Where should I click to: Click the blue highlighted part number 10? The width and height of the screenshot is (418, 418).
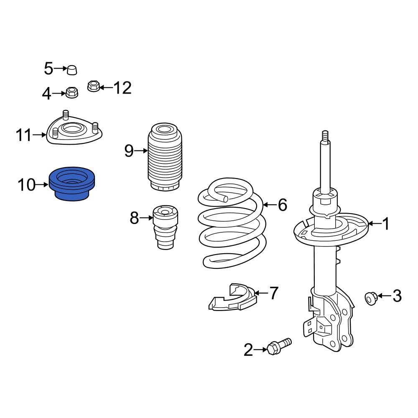tap(73, 184)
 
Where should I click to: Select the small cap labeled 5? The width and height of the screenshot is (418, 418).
tap(72, 70)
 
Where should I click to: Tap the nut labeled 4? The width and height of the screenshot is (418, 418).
tap(72, 92)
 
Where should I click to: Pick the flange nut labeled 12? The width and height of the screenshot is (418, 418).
tap(94, 87)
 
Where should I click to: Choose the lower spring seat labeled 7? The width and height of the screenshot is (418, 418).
tap(232, 298)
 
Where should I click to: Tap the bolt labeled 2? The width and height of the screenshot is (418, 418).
tap(278, 347)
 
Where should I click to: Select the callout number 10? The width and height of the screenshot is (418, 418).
tap(26, 184)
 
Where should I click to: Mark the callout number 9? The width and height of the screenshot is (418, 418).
tap(129, 150)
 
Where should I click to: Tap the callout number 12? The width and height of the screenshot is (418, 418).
tap(122, 88)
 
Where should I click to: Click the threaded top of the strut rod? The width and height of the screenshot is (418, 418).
tap(325, 137)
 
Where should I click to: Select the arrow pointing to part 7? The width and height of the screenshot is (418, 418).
tap(261, 293)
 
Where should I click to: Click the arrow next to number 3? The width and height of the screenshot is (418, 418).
tap(384, 296)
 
